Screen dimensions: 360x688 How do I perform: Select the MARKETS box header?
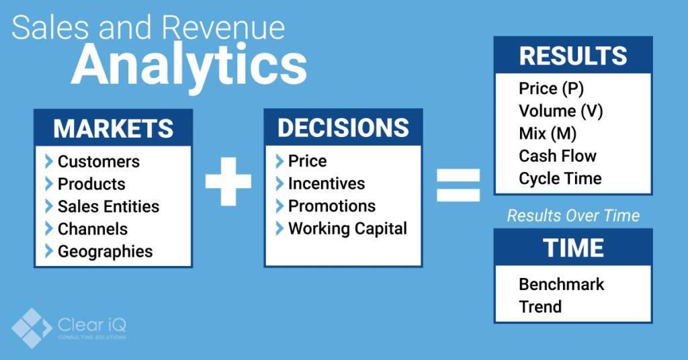114,128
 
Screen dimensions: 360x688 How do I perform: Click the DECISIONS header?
343,128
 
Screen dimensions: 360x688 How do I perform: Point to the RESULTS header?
573,56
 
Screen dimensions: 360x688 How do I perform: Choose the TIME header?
573,248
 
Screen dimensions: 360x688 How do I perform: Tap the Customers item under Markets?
99,162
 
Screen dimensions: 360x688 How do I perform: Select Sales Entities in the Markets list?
108,206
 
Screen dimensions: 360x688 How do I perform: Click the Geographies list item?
105,251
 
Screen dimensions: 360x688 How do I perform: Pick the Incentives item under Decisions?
327,183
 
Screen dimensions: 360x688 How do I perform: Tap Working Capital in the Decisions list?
347,228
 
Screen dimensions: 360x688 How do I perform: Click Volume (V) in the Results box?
561,111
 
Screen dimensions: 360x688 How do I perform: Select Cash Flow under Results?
558,156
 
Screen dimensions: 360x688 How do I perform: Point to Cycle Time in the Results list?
560,179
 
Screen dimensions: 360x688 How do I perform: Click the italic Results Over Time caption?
573,216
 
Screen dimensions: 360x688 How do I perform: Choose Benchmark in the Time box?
561,284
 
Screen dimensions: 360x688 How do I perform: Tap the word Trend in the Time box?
540,307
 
